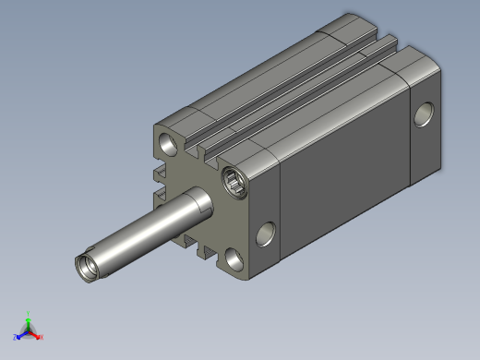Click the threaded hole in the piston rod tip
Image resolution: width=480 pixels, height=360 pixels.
pyautogui.click(x=86, y=269)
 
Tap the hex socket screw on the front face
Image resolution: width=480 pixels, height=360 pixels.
pyautogui.click(x=234, y=181)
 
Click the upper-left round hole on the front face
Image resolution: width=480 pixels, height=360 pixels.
pyautogui.click(x=169, y=144)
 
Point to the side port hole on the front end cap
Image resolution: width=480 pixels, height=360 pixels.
pyautogui.click(x=265, y=234)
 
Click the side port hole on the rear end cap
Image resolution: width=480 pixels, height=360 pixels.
pyautogui.click(x=424, y=114)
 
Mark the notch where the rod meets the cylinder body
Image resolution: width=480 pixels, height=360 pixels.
pyautogui.click(x=205, y=206)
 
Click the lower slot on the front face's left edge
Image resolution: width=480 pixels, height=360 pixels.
pyautogui.click(x=160, y=195)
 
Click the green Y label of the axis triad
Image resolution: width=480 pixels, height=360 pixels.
pyautogui.click(x=29, y=313)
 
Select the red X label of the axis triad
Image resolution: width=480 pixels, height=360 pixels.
pyautogui.click(x=42, y=337)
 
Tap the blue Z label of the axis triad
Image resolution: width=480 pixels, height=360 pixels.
pyautogui.click(x=16, y=337)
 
